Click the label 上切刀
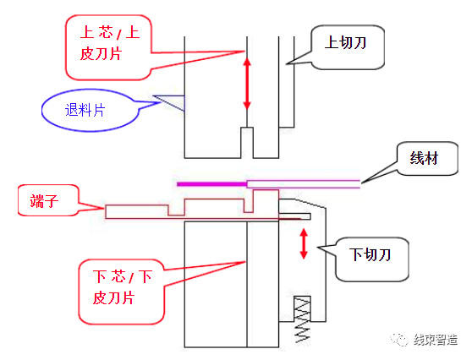pos(345,43)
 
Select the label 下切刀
pos(370,254)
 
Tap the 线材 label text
pos(424,158)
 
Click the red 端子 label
pos(44,201)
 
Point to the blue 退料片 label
pos(85,110)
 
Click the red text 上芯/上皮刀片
pos(110,43)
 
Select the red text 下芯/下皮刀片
pos(122,287)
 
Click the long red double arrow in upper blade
pos(247,84)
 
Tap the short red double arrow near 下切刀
pos(304,243)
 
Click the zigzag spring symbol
pos(302,319)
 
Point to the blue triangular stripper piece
pos(169,103)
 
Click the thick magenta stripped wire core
pos(212,184)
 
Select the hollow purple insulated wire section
pos(304,184)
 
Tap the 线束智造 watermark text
pos(436,340)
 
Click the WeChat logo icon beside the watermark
pos(399,340)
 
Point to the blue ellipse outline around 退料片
pos(90,90)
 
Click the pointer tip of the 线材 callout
pos(361,183)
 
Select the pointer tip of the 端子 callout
pos(103,208)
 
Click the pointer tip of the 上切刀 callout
pos(286,63)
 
